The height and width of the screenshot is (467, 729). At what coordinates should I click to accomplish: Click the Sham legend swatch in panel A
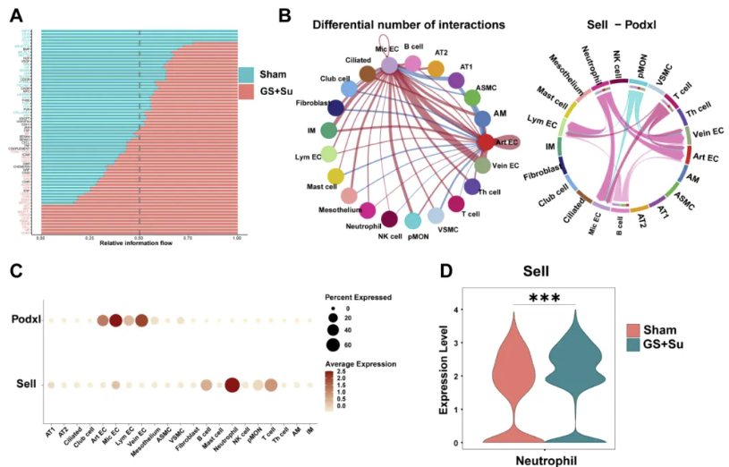(x=247, y=75)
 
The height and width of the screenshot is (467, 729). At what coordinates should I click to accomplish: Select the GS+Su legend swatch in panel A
(x=247, y=93)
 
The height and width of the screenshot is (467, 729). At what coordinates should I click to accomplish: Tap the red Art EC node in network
(x=486, y=142)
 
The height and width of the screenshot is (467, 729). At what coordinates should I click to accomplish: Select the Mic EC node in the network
(x=389, y=64)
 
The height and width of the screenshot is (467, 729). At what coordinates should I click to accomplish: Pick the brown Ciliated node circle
(x=367, y=72)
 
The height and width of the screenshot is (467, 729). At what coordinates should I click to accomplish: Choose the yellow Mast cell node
(x=335, y=176)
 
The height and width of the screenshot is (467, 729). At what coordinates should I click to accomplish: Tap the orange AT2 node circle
(x=436, y=68)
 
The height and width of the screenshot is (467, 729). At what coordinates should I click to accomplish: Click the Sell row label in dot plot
(x=28, y=385)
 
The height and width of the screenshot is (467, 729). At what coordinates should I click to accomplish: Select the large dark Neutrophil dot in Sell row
(x=232, y=386)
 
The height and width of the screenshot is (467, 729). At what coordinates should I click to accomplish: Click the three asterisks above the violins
(x=545, y=297)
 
